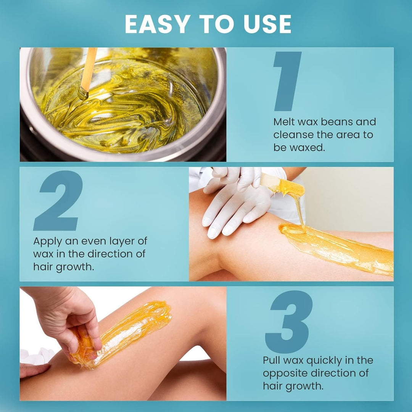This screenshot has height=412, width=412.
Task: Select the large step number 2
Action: (x=58, y=201)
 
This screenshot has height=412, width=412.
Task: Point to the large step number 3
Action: (x=289, y=322)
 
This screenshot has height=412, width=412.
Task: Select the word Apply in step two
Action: (x=46, y=241)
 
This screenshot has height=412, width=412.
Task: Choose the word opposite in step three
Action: (x=287, y=373)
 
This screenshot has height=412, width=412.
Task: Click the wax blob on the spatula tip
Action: (x=291, y=188)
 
